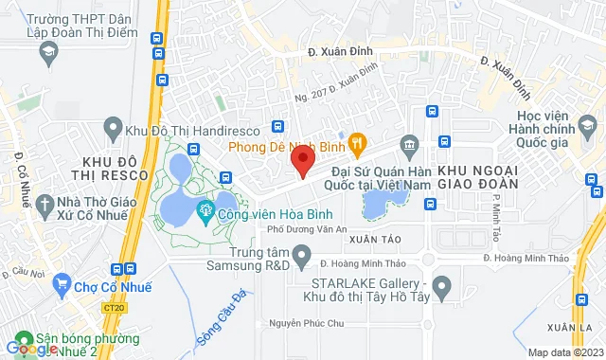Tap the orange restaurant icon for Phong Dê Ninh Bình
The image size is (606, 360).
[x=357, y=145]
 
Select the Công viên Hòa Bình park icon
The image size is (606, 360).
[x=203, y=209]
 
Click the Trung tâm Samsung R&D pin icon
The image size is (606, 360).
[x=302, y=254]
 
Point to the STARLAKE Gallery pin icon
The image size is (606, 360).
[x=440, y=284]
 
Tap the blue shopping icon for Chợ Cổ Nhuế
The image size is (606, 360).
[x=62, y=281]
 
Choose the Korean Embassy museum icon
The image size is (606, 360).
[x=409, y=145]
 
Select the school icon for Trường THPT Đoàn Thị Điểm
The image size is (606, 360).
[x=46, y=56]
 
